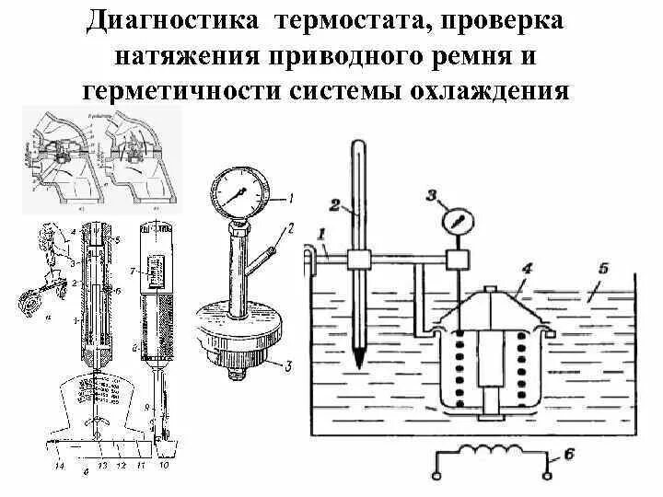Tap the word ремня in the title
pos(480,55)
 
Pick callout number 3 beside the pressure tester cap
pos(289,367)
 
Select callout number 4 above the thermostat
pos(529,270)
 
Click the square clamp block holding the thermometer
pos(357,260)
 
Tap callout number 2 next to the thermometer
pos(335,203)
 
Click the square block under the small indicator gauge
pos(458,260)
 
